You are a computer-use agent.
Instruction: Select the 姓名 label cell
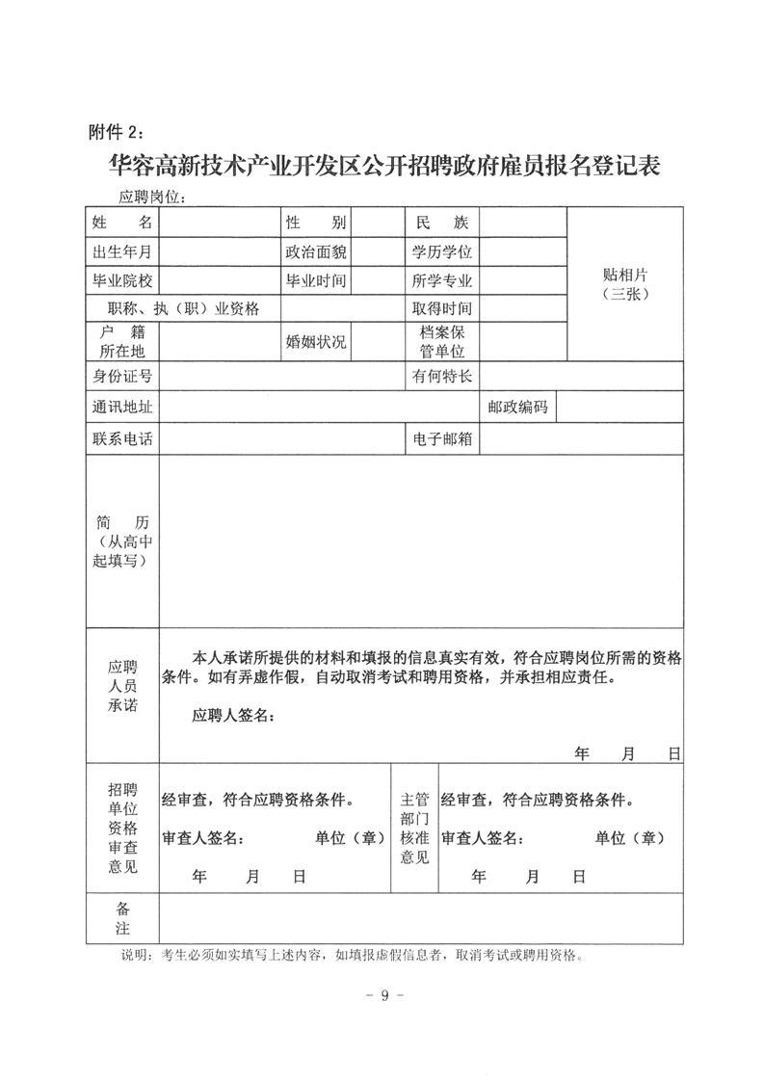pos(122,223)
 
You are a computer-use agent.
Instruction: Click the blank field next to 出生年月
pos(220,251)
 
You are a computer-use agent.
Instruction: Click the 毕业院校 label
pos(122,280)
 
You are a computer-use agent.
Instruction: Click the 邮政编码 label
pos(517,407)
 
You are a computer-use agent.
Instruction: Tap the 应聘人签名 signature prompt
pos(234,716)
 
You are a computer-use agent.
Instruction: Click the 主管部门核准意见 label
pos(414,828)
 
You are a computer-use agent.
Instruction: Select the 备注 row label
pos(122,919)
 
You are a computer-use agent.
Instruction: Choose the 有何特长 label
pos(442,375)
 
